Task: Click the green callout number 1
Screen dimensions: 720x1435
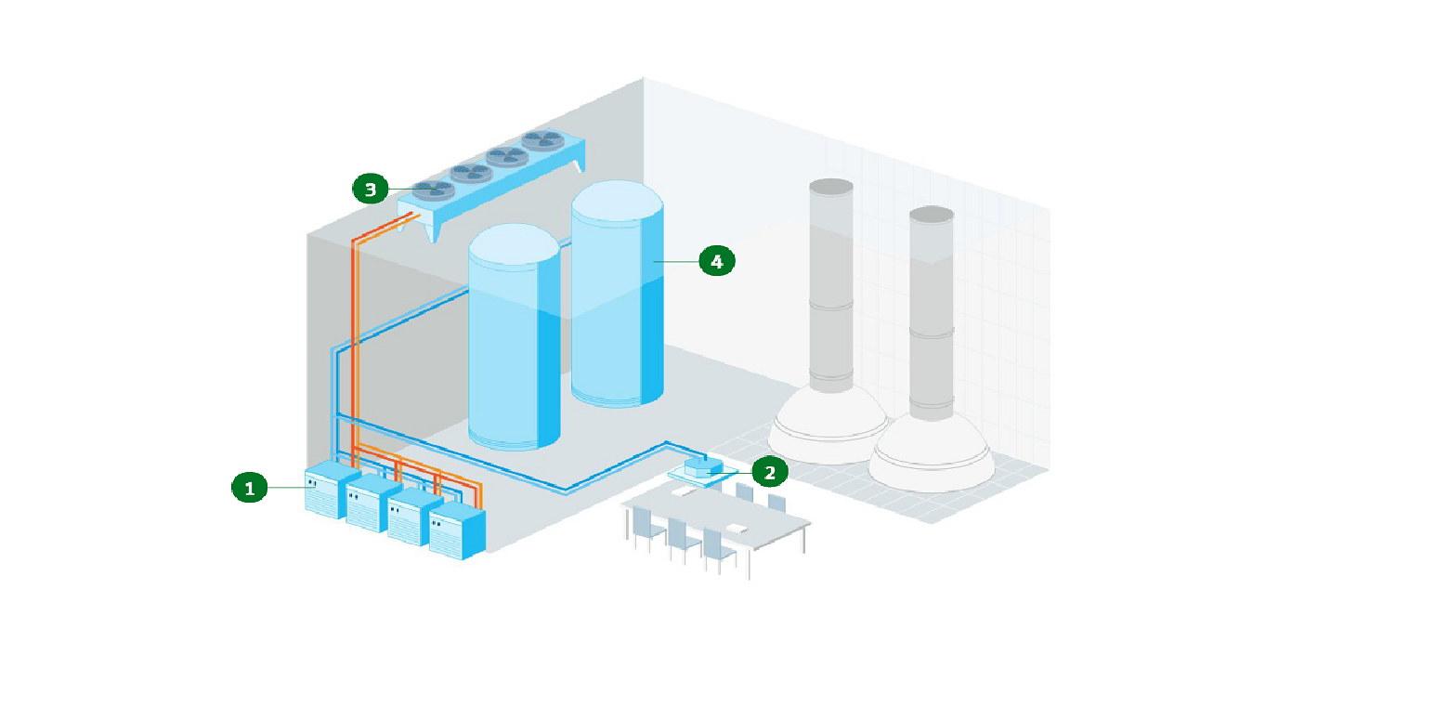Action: pos(249,487)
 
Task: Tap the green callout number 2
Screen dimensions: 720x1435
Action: pos(769,472)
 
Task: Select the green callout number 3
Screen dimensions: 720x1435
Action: pos(371,190)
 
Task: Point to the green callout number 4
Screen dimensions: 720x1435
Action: pos(716,262)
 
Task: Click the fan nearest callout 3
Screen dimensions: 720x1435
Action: pos(434,190)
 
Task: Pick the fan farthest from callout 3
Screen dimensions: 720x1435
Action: pos(542,140)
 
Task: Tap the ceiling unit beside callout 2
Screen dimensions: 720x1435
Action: pos(703,467)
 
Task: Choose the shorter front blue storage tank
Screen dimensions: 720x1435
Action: pos(513,353)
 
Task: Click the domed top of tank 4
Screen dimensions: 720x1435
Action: pos(617,201)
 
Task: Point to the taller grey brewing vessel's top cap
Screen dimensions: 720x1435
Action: pos(831,187)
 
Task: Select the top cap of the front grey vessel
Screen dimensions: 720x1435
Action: pos(932,215)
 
